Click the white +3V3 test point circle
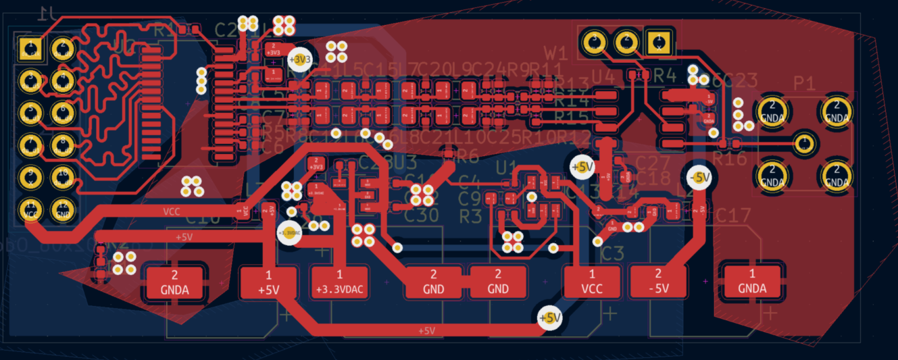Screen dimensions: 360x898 pos(300,59)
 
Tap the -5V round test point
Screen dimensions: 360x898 pos(699,178)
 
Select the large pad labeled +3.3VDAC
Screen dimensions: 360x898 pos(339,282)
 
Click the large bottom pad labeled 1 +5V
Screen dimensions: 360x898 pos(268,282)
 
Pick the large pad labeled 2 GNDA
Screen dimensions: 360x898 pos(174,284)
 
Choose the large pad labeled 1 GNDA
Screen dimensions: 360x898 pos(752,282)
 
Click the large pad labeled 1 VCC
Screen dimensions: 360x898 pos(592,282)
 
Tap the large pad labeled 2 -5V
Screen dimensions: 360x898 pos(658,282)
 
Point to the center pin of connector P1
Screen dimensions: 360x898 pos(803,143)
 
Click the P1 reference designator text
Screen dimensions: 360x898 pos(804,83)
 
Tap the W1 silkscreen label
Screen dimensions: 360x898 pos(556,52)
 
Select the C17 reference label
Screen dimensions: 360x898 pos(733,216)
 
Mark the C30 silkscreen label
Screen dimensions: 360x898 pos(421,215)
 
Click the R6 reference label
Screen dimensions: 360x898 pos(466,157)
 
